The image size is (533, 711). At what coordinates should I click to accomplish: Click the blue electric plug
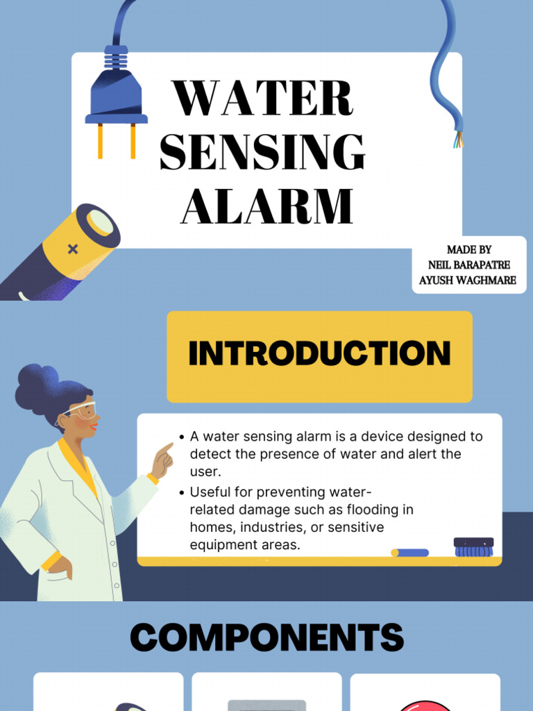pos(116,94)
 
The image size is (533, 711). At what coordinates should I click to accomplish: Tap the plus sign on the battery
pos(73,249)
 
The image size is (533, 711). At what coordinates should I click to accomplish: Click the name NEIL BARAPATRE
pos(468,265)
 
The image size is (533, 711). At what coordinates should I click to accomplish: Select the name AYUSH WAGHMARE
pos(468,280)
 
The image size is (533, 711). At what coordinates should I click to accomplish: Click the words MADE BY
pos(468,249)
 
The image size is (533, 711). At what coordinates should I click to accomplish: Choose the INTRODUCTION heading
pos(319,353)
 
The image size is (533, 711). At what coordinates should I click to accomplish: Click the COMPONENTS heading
pos(266,637)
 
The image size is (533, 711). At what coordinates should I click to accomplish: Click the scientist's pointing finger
pos(167,448)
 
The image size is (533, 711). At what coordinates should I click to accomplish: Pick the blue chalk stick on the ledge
pos(410,553)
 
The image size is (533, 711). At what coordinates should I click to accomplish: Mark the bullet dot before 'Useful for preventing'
pos(182,492)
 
